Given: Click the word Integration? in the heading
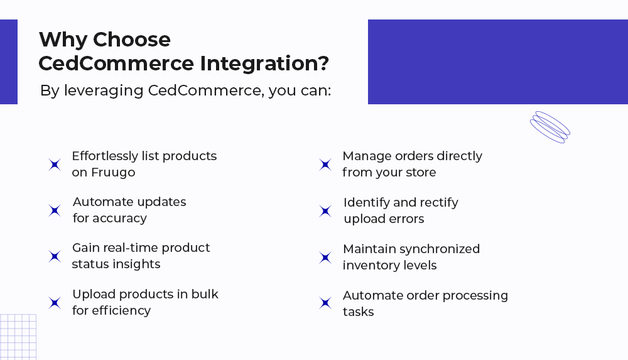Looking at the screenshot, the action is tap(264, 63).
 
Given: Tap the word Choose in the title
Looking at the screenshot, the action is tap(132, 40).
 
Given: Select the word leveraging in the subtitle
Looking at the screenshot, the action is tap(104, 91).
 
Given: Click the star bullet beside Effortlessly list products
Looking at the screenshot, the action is tap(55, 165).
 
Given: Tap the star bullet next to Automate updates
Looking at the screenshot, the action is tap(55, 210).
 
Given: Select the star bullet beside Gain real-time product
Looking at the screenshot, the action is tap(55, 256).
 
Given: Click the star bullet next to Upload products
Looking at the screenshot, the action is tap(55, 303).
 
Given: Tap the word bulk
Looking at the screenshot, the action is tap(205, 294).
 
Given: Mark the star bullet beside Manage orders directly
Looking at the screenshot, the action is tap(325, 165).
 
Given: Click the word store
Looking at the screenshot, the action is tap(421, 172).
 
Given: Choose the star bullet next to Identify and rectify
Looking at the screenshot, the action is tap(325, 211).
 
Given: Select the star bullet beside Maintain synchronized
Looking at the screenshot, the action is tap(325, 258).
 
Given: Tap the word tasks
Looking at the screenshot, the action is tap(358, 312).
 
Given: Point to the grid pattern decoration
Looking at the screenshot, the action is tap(18, 337).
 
